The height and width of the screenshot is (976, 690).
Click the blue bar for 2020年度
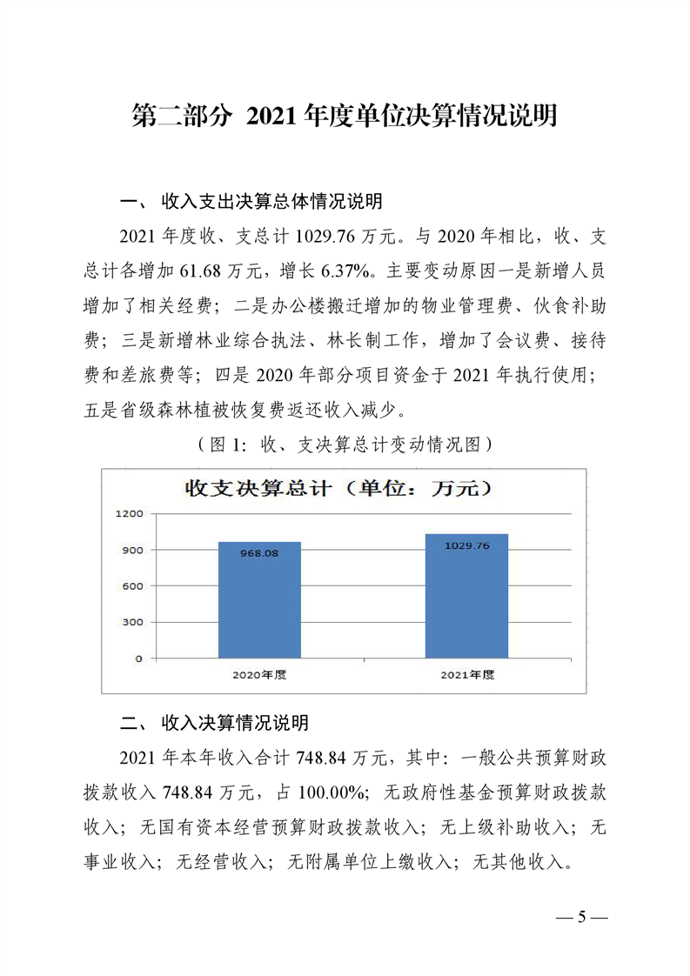259,600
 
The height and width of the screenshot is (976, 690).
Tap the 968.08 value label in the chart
259,552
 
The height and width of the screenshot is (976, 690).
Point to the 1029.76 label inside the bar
466,545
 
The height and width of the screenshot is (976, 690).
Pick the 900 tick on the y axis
133,550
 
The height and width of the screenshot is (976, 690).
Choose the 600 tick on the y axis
133,586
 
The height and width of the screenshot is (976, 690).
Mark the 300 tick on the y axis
133,622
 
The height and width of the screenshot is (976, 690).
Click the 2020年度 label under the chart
259,674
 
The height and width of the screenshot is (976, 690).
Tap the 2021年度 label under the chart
466,674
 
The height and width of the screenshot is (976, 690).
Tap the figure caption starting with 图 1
345,444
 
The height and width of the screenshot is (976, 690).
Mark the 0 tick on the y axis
138,658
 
